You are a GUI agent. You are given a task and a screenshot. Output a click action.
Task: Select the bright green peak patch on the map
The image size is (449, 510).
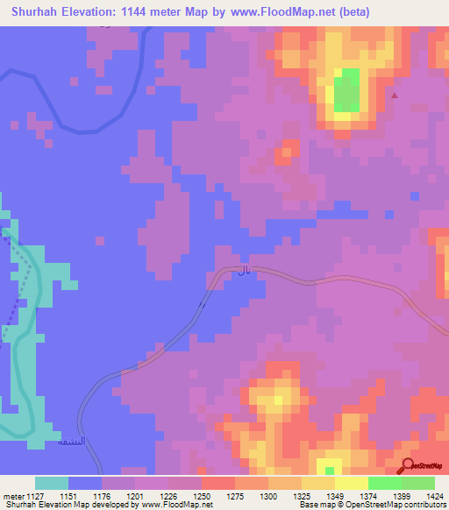[x=346, y=89]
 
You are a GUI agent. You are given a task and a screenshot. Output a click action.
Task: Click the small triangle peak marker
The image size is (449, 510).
[x=394, y=96]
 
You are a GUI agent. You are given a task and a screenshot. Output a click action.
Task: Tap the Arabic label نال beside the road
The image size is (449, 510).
[x=243, y=273]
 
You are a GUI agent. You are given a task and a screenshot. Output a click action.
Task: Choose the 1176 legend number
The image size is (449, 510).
[x=101, y=496]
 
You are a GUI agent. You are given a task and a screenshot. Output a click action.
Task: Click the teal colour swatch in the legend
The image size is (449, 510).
[x=52, y=483]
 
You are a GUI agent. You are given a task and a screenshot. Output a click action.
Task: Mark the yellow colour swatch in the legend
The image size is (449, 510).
[x=318, y=483]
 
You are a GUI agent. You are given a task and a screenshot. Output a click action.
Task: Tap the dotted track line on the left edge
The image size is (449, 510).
[x=16, y=298]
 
